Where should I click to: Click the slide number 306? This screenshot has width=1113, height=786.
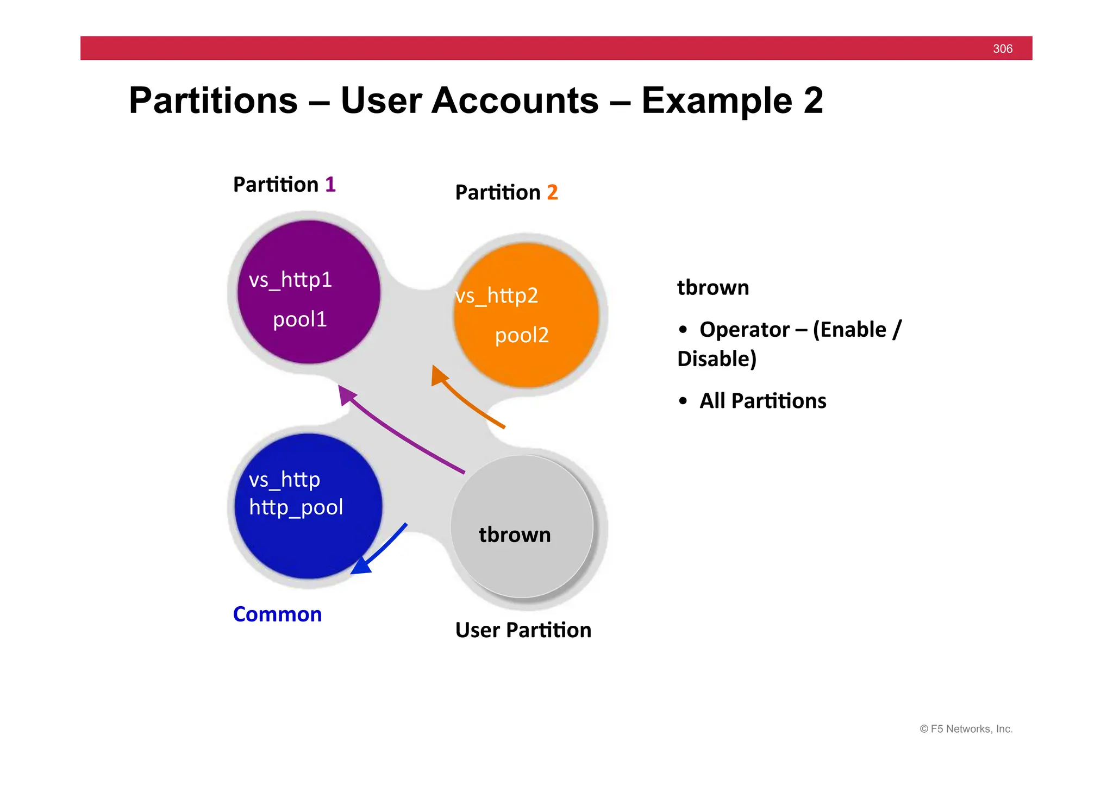(x=1002, y=49)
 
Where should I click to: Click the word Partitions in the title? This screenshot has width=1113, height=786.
(x=214, y=101)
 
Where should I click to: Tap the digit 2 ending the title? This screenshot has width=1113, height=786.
(x=813, y=101)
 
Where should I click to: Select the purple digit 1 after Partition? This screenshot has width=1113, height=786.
(x=330, y=185)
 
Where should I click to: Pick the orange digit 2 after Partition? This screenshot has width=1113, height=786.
(x=552, y=192)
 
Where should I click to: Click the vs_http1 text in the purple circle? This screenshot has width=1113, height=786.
(x=290, y=280)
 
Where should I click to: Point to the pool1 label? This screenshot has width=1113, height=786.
(x=299, y=319)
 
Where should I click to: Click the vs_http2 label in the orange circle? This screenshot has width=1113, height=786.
(x=497, y=296)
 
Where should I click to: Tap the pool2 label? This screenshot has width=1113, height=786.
(x=522, y=335)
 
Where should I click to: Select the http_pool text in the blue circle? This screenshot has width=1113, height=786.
(x=296, y=507)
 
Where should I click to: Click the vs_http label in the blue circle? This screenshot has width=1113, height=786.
(x=284, y=480)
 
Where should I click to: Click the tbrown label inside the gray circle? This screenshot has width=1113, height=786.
(x=515, y=535)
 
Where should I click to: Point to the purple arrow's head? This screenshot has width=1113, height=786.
(x=345, y=393)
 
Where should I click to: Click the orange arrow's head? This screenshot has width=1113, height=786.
(x=438, y=374)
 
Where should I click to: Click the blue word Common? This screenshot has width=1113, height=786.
(x=277, y=614)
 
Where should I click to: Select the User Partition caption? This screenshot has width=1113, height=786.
(x=523, y=630)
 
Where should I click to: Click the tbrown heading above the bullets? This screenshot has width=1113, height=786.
(x=712, y=287)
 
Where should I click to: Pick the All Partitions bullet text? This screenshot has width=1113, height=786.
(x=762, y=401)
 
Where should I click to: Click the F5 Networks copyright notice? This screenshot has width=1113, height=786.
(x=966, y=729)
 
